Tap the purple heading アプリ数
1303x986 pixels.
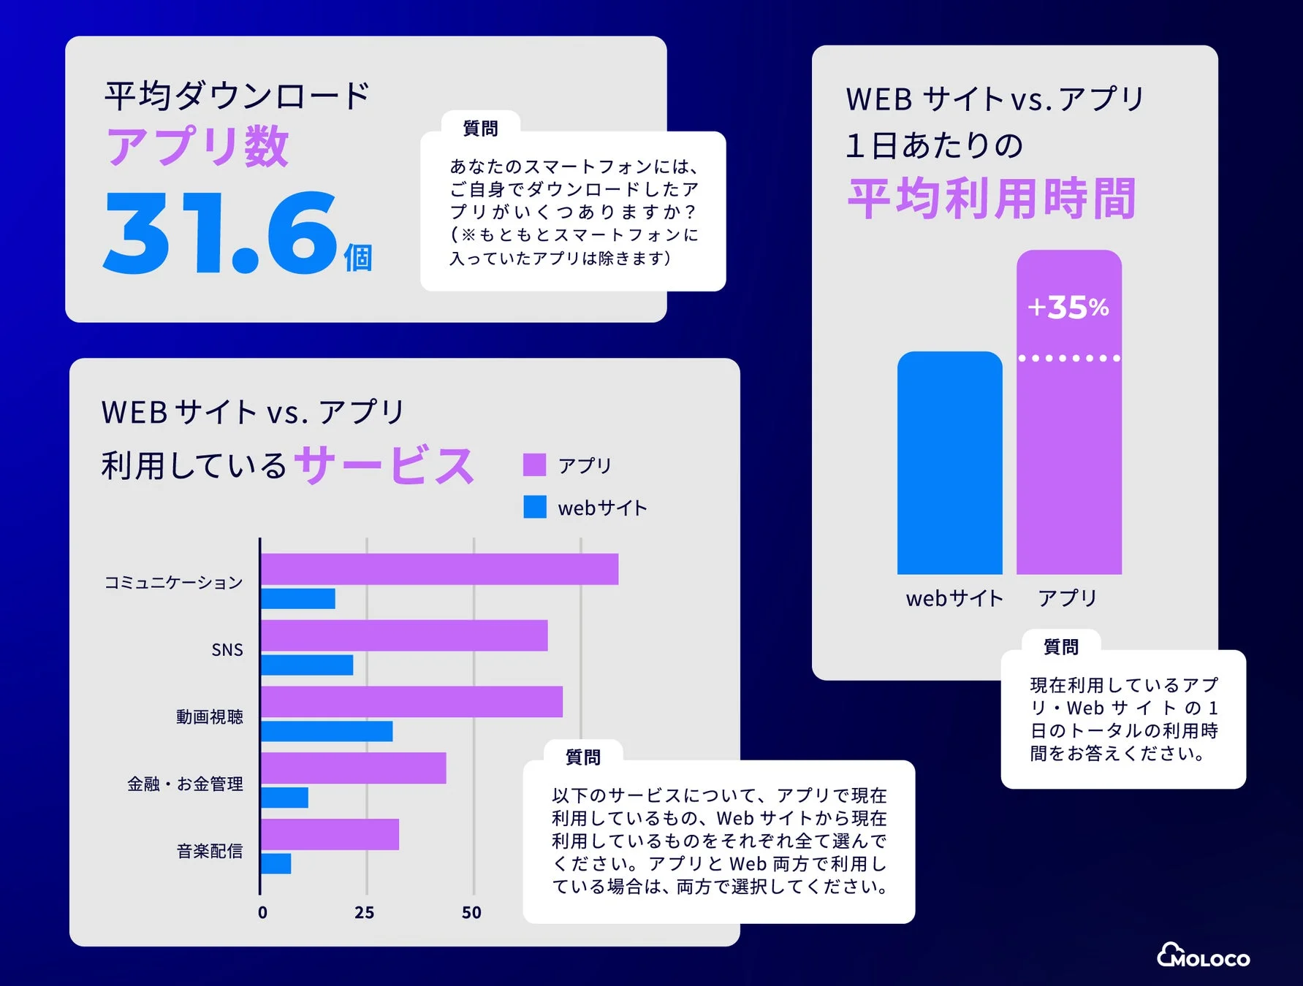coord(198,146)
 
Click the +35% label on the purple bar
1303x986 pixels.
coord(1068,307)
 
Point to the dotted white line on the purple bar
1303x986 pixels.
coord(1068,358)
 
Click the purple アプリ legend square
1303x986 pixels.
coord(534,465)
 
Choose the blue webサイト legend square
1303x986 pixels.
coord(534,507)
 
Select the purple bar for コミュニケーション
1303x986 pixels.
coord(439,569)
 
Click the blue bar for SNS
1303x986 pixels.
coord(307,665)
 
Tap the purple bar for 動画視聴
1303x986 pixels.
coord(411,702)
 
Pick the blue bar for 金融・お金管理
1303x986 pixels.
coord(284,798)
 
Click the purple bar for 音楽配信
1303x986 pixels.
coord(330,834)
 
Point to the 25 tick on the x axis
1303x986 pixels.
coord(364,912)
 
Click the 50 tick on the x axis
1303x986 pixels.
coord(471,912)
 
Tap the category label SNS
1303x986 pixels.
coord(227,649)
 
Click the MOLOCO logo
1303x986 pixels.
coord(1203,956)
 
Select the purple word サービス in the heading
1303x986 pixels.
coord(384,465)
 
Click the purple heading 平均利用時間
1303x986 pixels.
coord(992,199)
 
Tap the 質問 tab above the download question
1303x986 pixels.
coord(480,129)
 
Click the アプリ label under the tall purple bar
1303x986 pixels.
coord(1068,598)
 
